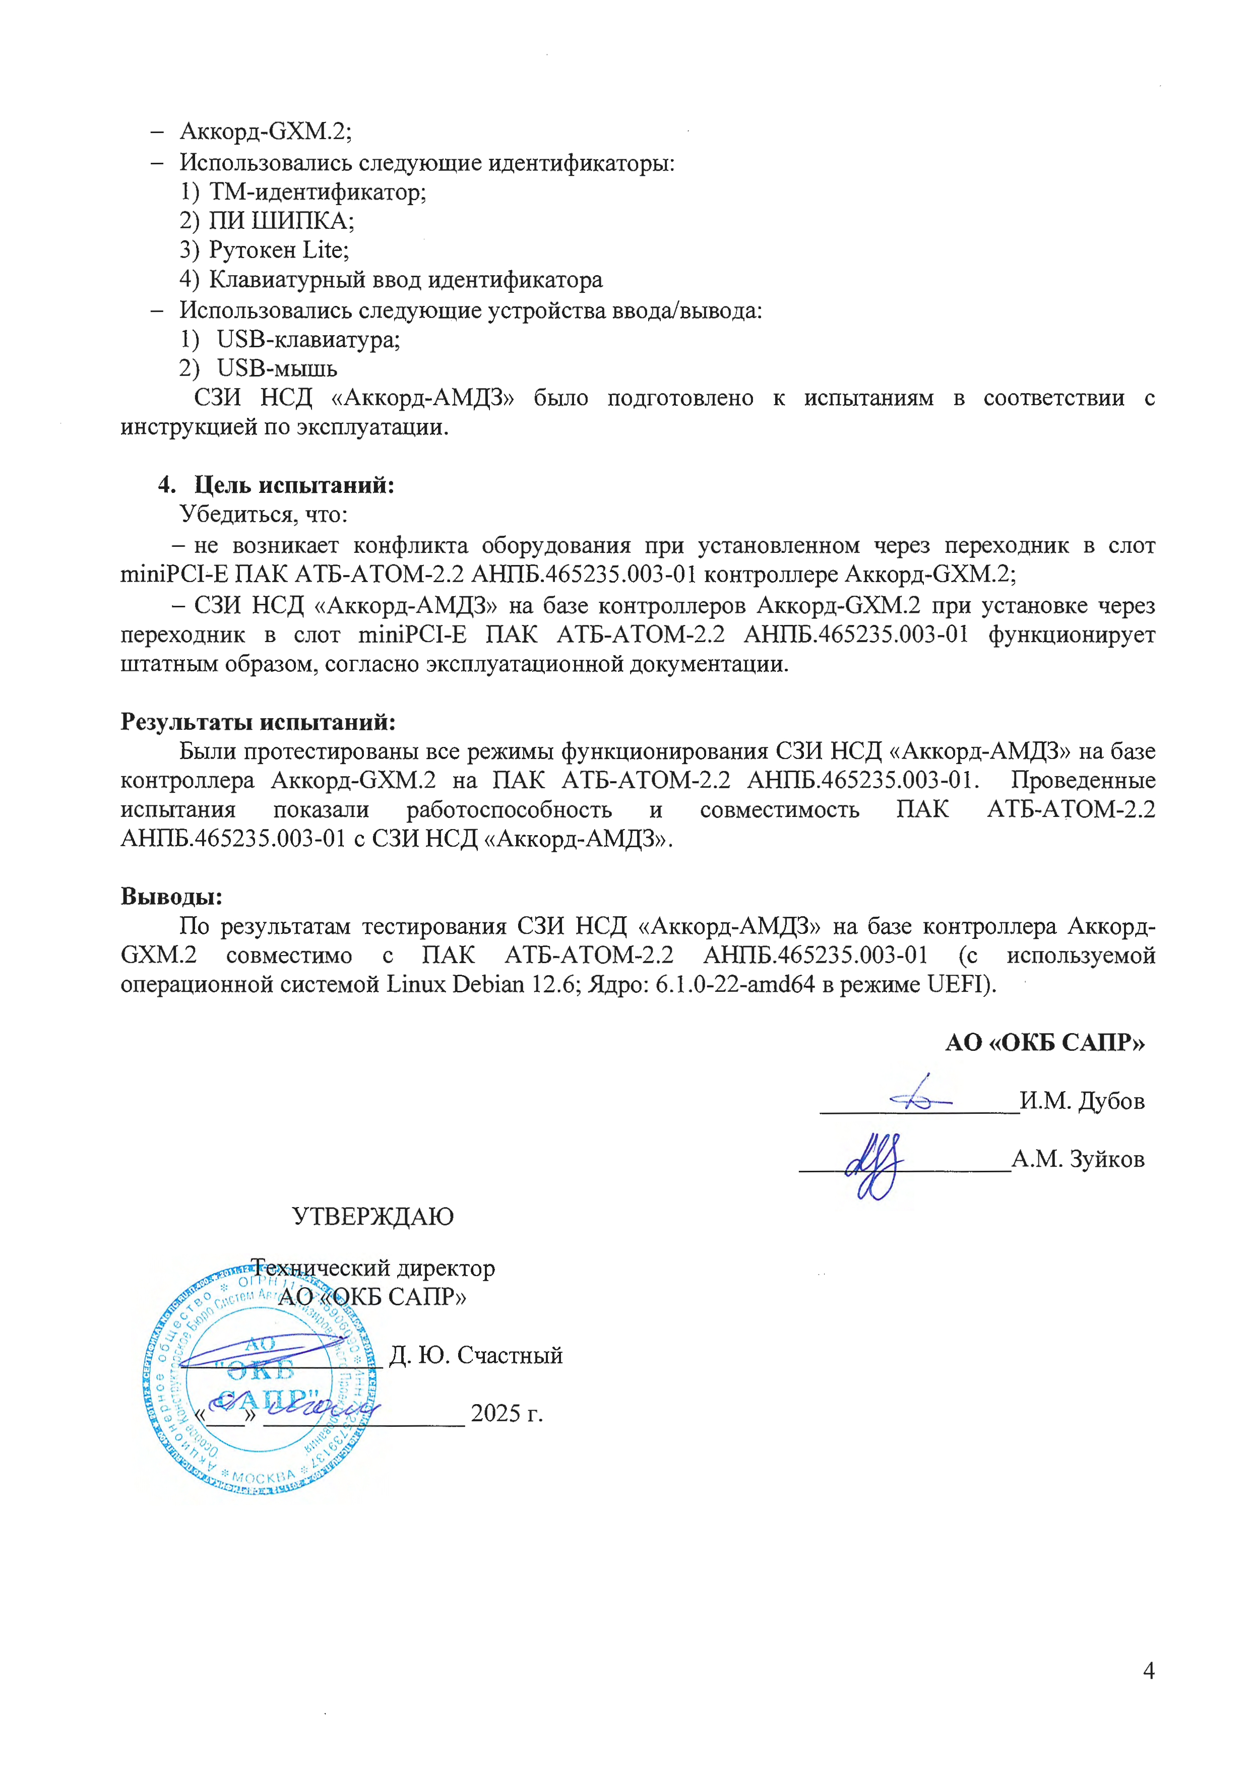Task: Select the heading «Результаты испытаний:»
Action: point(258,722)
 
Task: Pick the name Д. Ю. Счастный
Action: point(476,1355)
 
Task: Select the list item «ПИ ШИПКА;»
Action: point(281,221)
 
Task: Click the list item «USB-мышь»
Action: point(277,368)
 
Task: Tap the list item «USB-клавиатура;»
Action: point(308,339)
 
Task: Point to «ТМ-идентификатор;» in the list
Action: point(318,192)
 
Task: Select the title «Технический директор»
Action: point(373,1268)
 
